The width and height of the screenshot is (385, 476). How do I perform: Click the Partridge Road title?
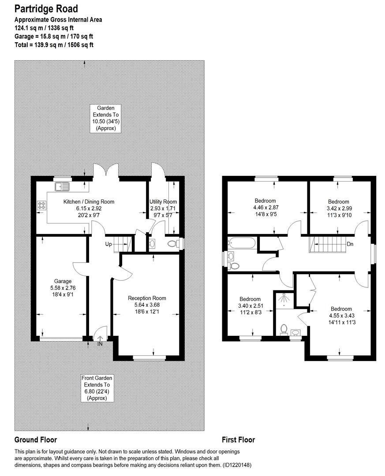pos(46,9)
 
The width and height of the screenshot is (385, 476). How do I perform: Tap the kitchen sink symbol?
pos(63,186)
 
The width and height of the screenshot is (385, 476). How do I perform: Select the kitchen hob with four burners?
pos(42,205)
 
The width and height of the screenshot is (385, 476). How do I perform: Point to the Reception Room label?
pos(147,298)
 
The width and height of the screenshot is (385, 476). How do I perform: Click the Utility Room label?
pos(163,201)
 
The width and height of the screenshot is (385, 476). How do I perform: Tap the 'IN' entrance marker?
pos(100,344)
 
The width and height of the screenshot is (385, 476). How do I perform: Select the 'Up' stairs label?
pos(108,244)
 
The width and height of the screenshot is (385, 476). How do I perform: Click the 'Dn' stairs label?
pos(350,244)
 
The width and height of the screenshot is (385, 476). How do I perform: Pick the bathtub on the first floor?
pos(241,243)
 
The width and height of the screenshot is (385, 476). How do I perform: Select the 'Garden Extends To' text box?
pos(106,118)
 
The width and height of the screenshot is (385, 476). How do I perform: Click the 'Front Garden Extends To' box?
pos(97,388)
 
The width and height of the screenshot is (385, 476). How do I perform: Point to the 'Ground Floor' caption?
pos(36,439)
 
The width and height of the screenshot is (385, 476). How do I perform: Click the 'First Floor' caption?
pos(238,439)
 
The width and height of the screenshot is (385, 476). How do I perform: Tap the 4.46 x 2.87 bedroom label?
pos(265,208)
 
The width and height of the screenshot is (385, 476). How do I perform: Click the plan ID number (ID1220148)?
pos(236,465)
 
